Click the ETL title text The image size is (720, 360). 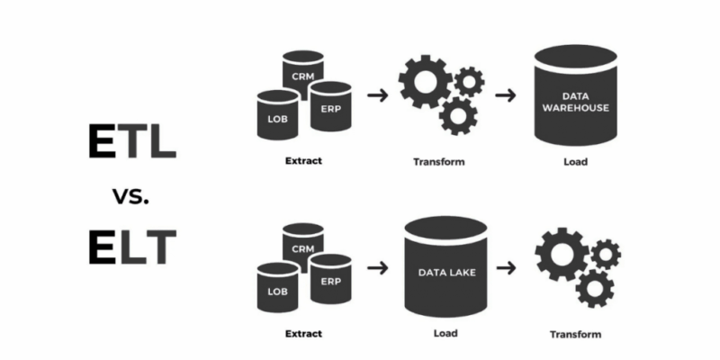pyautogui.click(x=131, y=141)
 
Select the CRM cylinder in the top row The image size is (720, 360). pyautogui.click(x=302, y=72)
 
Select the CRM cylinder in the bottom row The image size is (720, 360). pyautogui.click(x=302, y=244)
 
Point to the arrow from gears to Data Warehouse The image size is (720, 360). pyautogui.click(x=505, y=94)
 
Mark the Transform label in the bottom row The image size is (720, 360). pyautogui.click(x=575, y=335)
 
